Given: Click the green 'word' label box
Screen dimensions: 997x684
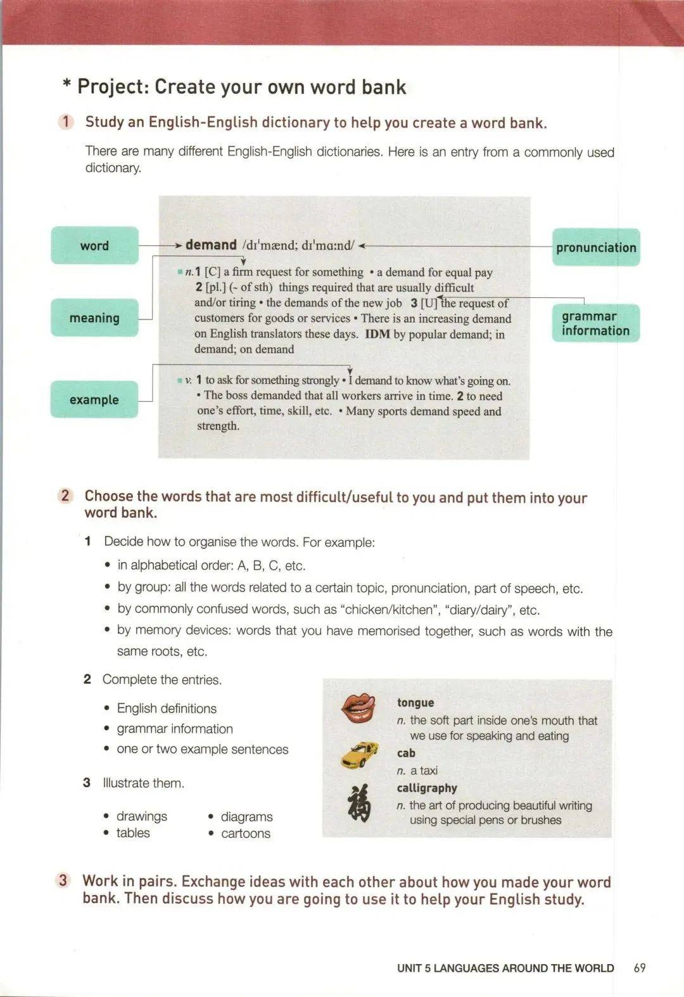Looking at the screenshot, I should (x=94, y=245).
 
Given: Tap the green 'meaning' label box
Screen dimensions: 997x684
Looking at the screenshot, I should (x=94, y=318).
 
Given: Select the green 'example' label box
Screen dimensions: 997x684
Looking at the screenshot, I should (x=94, y=399).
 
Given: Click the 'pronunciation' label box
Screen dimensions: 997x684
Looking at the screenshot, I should (x=595, y=247).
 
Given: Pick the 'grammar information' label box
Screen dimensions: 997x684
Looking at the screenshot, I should (x=595, y=323).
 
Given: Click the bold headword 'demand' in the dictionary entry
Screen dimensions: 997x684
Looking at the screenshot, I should (x=211, y=245).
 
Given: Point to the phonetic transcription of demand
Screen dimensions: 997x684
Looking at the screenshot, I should (x=298, y=245).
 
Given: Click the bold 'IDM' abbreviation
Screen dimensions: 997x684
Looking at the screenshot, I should (x=377, y=334).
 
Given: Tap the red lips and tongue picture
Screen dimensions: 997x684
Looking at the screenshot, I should (x=358, y=708).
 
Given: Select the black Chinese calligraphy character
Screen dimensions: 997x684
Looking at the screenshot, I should (x=359, y=803).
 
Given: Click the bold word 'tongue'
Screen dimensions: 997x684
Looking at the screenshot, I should (x=415, y=702).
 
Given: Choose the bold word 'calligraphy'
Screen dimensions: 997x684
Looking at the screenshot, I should (x=427, y=788).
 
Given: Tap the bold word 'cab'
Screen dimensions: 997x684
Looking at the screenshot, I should (x=406, y=753).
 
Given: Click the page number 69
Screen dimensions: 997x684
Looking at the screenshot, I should (x=640, y=968).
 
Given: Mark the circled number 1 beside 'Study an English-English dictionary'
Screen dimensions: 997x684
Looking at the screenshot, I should (x=66, y=122).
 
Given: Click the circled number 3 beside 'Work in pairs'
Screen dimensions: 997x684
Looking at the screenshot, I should (x=63, y=880).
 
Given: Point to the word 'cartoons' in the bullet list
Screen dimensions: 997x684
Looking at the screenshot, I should (x=246, y=833).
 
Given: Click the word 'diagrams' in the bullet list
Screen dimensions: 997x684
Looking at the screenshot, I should (x=246, y=816).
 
